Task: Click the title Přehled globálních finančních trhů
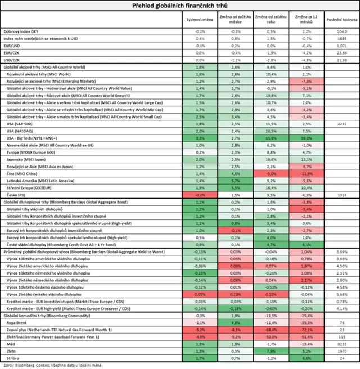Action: click(x=180, y=6)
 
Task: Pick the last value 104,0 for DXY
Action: click(x=340, y=33)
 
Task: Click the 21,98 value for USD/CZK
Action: click(x=340, y=60)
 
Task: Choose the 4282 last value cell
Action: click(x=340, y=122)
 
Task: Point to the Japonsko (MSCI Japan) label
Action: click(x=26, y=159)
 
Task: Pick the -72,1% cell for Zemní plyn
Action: click(x=307, y=331)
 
